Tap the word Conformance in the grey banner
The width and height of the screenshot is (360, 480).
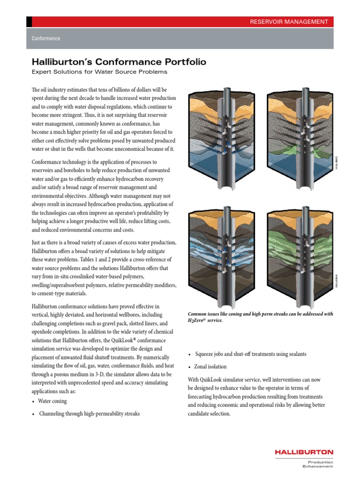click(45, 38)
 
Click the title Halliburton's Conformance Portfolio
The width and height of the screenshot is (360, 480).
click(119, 62)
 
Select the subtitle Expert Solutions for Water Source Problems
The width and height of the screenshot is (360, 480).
click(99, 72)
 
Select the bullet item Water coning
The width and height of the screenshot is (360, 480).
click(53, 401)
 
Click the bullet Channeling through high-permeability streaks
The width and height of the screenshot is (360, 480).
click(89, 414)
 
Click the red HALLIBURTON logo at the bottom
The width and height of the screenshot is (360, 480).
click(304, 452)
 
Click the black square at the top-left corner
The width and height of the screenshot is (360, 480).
click(29, 22)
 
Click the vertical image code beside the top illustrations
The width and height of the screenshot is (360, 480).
click(336, 163)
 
